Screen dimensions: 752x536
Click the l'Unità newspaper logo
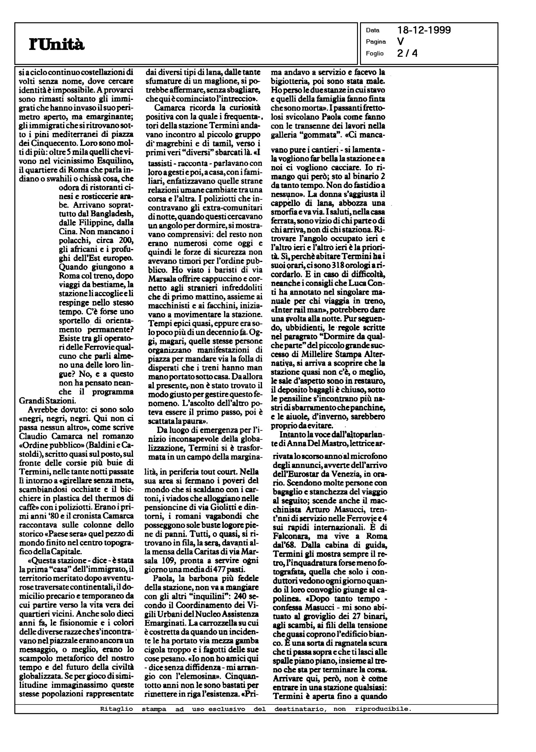(57, 45)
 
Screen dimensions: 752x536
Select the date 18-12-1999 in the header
(424, 30)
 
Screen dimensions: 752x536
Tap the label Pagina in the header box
(376, 42)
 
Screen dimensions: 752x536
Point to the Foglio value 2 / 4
(407, 53)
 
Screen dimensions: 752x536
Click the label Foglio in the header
(374, 54)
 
